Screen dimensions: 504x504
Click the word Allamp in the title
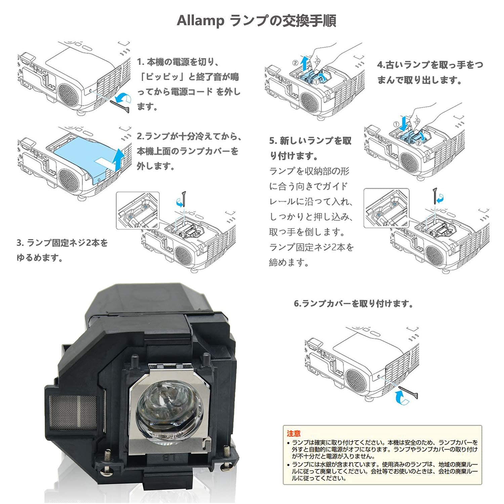(x=200, y=21)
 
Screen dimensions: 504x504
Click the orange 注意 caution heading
(x=294, y=434)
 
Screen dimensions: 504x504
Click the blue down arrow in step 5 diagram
(x=404, y=123)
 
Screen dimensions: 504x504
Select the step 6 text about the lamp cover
(x=353, y=304)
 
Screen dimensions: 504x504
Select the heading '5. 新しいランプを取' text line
(x=310, y=141)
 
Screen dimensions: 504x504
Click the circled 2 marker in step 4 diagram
(x=295, y=62)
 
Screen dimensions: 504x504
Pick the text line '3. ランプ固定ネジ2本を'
(x=62, y=243)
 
